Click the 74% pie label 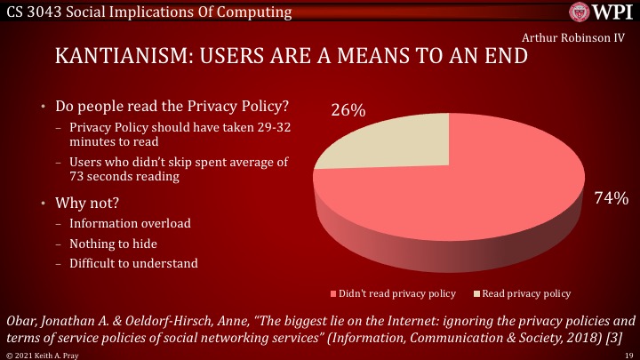[611, 198]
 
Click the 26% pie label [348, 111]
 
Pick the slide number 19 [628, 355]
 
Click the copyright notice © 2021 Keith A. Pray [40, 355]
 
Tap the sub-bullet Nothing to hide [116, 243]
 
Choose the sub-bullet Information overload [130, 223]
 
